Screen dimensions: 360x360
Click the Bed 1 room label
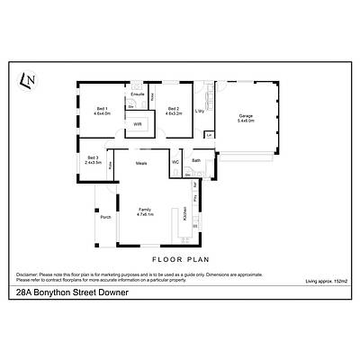[x=102, y=109]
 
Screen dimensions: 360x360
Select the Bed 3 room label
[x=93, y=157]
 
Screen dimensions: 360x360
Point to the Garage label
[x=246, y=114]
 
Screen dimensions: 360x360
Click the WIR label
[x=138, y=124]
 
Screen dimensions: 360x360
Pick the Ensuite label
[x=138, y=94]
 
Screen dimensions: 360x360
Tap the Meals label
[x=141, y=163]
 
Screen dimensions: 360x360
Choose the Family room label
[x=146, y=209]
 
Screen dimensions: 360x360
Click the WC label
[x=175, y=163]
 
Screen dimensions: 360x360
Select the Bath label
[x=196, y=160]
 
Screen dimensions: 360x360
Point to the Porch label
[x=106, y=217]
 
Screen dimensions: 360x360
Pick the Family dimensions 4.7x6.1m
[x=146, y=215]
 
